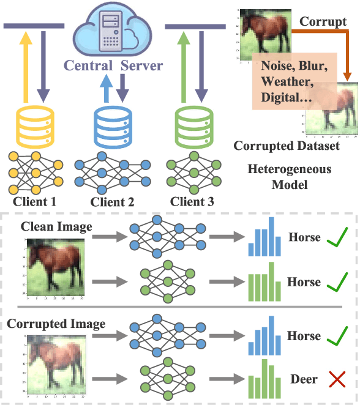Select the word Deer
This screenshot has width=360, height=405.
pos(304,380)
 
